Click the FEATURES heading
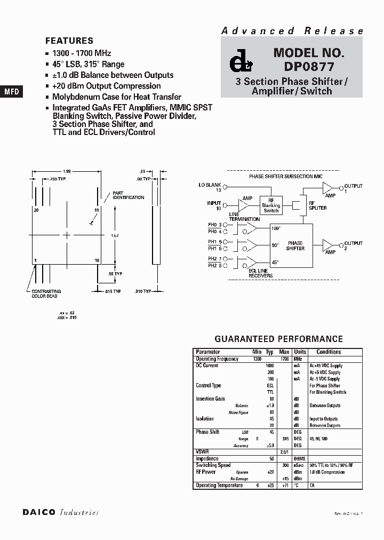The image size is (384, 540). pyautogui.click(x=69, y=41)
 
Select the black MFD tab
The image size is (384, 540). pyautogui.click(x=12, y=92)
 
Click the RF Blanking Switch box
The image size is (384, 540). pyautogui.click(x=271, y=205)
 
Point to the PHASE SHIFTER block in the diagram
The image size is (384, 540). pyautogui.click(x=295, y=245)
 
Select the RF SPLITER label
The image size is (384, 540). pyautogui.click(x=318, y=208)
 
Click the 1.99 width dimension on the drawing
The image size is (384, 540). pyautogui.click(x=67, y=171)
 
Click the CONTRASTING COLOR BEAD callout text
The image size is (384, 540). pyautogui.click(x=47, y=293)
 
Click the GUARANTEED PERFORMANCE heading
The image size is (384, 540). pyautogui.click(x=278, y=339)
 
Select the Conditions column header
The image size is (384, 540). pyautogui.click(x=329, y=352)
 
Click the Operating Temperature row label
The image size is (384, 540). pyautogui.click(x=219, y=485)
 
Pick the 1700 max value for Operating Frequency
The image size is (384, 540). pyautogui.click(x=284, y=359)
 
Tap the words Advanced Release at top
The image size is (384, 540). pyautogui.click(x=292, y=31)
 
